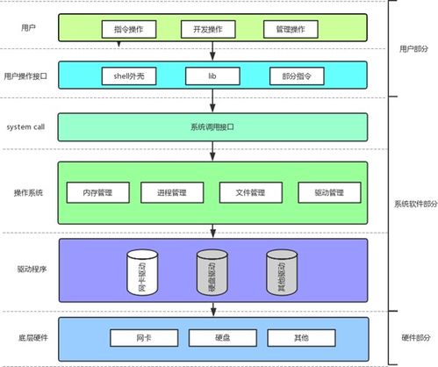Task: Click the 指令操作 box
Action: click(134, 30)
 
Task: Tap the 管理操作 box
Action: click(289, 30)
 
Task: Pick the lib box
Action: click(211, 77)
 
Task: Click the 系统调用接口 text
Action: click(212, 127)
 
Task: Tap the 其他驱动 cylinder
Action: click(281, 274)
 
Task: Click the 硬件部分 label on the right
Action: click(413, 338)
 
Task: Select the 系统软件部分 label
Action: click(413, 204)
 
